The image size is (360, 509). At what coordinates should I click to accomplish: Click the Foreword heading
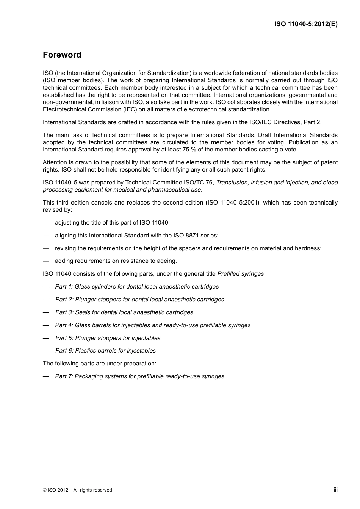(62, 55)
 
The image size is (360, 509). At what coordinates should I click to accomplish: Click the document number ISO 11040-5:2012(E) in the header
(306, 24)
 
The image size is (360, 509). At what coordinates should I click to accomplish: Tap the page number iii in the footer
(335, 489)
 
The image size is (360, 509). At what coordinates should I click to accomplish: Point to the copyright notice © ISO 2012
(77, 490)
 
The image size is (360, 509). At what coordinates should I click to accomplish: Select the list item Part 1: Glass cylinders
(137, 287)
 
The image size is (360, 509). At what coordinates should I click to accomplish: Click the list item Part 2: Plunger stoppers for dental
(139, 300)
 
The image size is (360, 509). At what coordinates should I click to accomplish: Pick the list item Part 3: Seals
(124, 312)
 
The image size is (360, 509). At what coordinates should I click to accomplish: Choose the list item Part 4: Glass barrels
(153, 325)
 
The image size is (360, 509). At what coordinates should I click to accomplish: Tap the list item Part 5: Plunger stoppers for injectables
(108, 338)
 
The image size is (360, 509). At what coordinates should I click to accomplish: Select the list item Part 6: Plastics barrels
(105, 351)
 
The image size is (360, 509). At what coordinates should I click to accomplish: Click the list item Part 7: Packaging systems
(139, 376)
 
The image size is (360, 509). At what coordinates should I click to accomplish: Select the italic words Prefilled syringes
(240, 274)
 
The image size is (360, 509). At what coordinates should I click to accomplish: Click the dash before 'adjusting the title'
(46, 223)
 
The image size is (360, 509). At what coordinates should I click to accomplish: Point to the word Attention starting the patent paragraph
(55, 162)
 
